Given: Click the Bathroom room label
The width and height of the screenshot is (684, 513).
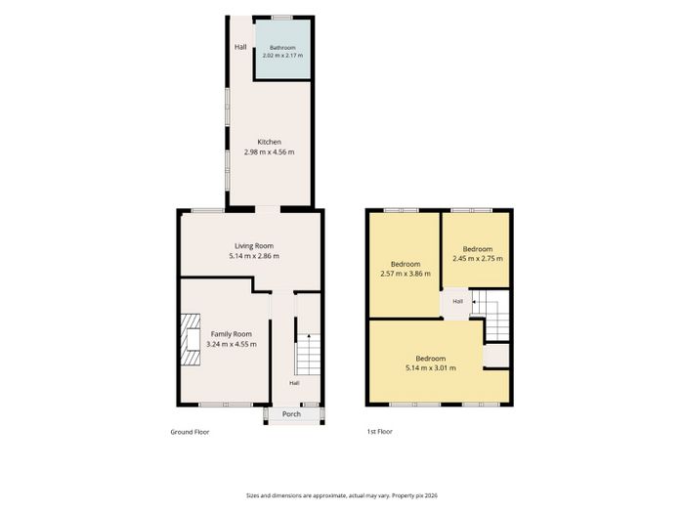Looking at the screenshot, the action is tap(282, 48).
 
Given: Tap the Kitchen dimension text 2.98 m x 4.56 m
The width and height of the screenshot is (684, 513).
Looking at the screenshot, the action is tap(269, 152).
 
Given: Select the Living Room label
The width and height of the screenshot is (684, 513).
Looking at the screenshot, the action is tap(254, 246).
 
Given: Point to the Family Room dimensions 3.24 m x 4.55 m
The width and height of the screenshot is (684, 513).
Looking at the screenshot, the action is tap(232, 344).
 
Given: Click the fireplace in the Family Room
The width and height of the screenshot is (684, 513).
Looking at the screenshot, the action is tap(191, 339).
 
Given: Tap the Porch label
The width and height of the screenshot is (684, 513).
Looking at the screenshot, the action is tap(291, 414).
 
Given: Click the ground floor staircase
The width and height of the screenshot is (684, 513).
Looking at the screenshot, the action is tap(308, 354).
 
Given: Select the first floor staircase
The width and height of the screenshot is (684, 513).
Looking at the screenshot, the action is tap(491, 315).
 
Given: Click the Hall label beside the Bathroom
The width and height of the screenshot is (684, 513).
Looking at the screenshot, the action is tap(240, 47).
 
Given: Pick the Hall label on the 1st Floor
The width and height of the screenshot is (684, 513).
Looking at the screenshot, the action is tap(457, 301).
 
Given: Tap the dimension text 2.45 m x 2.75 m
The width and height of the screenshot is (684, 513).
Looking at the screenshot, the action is tap(478, 259).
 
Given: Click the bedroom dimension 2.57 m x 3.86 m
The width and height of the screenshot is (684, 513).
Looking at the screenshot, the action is tap(406, 274).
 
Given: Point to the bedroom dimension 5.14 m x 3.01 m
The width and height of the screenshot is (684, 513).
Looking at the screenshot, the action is tap(431, 368).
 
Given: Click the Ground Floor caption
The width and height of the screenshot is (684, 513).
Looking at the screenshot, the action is tap(190, 432).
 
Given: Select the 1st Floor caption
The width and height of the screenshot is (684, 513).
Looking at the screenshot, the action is tap(379, 432).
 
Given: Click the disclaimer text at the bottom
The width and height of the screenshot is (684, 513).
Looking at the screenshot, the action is tap(342, 495).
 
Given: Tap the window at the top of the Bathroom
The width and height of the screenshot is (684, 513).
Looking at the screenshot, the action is tap(282, 18).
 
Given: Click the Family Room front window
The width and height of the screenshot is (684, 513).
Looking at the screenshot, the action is tap(226, 405).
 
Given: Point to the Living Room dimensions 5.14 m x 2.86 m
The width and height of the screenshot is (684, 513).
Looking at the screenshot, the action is tap(254, 256).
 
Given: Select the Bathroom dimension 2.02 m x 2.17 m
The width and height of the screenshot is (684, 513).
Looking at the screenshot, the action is tap(282, 56).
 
